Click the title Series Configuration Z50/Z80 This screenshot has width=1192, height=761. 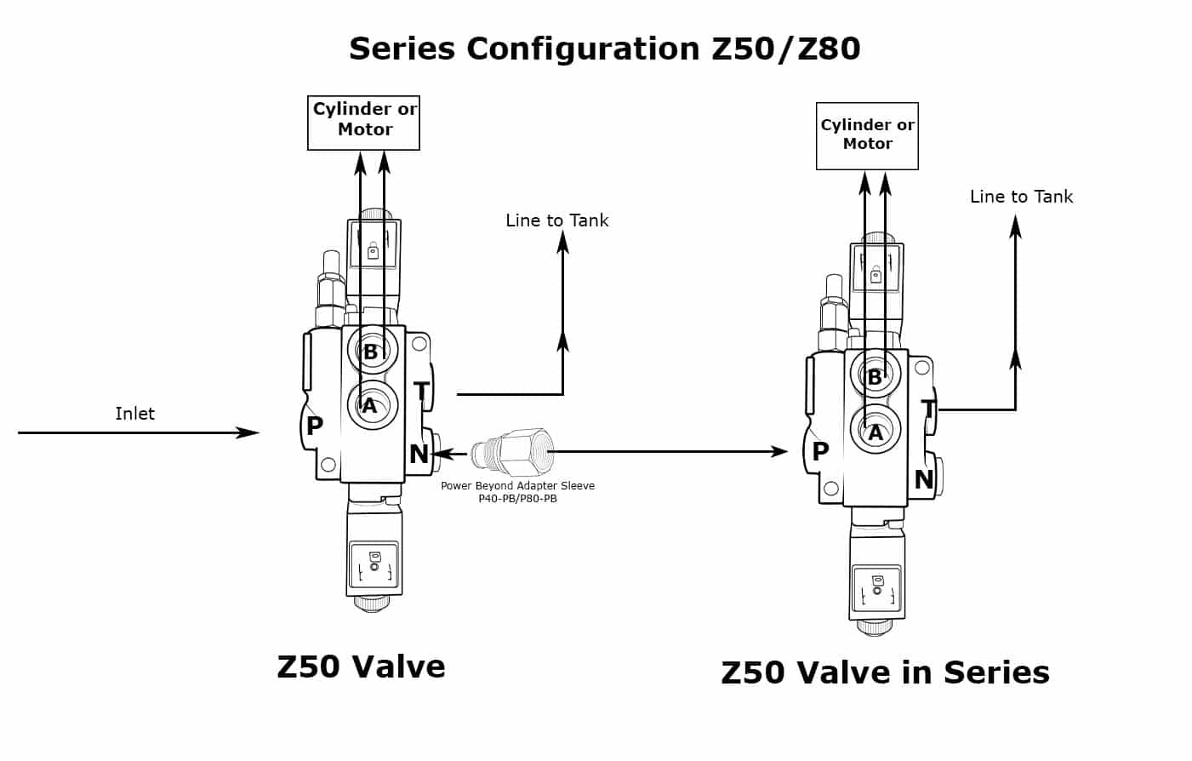(x=604, y=49)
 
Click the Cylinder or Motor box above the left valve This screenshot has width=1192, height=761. (x=364, y=122)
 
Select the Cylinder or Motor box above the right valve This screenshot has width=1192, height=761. (x=867, y=135)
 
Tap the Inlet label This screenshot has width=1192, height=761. (x=135, y=414)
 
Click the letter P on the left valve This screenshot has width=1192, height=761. (x=315, y=426)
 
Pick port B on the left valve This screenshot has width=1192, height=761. (x=371, y=351)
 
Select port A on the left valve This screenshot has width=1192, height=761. (x=370, y=406)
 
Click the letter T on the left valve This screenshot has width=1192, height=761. (x=421, y=392)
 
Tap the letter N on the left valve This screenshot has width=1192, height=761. (x=419, y=455)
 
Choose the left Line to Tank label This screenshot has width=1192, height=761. (x=557, y=220)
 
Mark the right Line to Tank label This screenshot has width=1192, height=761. (x=1021, y=197)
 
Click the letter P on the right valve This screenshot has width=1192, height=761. (x=820, y=451)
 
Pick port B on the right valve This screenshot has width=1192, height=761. (x=874, y=376)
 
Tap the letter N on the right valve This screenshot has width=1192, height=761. (x=923, y=480)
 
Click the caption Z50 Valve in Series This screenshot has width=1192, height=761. (x=885, y=672)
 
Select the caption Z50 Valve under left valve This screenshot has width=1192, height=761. (x=361, y=667)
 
